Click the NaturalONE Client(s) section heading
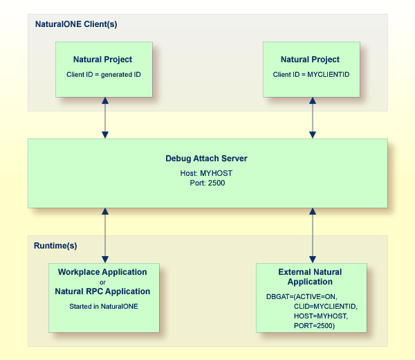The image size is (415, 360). click(76, 24)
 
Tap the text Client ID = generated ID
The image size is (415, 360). click(103, 73)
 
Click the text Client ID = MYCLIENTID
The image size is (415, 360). click(310, 73)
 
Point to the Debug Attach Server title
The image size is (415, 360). click(206, 159)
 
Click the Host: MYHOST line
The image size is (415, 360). click(206, 172)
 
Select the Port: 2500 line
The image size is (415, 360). click(206, 183)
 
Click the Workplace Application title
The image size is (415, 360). click(102, 272)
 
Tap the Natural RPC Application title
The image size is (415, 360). click(102, 291)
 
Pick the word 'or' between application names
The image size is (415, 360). click(102, 282)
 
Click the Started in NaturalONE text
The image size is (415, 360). click(102, 305)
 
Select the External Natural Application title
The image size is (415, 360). click(310, 277)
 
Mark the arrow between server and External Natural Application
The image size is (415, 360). click(313, 235)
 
